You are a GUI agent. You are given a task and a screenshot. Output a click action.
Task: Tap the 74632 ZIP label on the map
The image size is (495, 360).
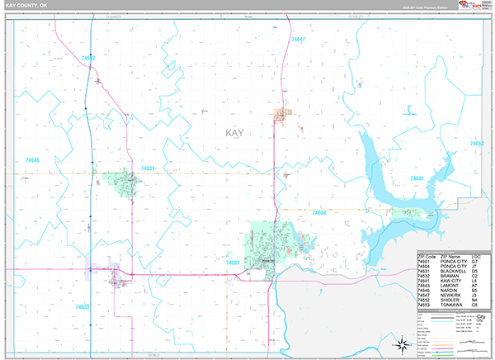[x=88, y=58]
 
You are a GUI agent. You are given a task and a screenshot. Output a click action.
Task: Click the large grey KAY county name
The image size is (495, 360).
[x=236, y=132]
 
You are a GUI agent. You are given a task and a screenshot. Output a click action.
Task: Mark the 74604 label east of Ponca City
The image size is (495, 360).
[x=321, y=213]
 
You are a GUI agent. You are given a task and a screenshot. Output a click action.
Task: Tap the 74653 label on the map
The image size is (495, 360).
[x=82, y=306]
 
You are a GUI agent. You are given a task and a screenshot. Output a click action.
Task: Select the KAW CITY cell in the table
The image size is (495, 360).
[x=445, y=281]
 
